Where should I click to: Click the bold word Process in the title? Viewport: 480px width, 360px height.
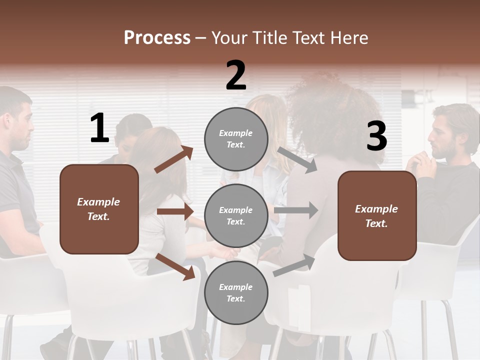coord(157,37)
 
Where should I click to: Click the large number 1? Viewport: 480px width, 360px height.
coord(99,128)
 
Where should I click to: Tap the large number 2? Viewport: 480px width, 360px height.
coord(236,75)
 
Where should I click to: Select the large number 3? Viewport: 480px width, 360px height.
coord(376,136)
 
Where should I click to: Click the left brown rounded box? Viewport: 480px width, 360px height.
coord(99,209)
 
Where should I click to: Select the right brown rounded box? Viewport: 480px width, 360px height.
coord(377,215)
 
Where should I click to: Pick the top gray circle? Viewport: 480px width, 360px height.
coord(236,139)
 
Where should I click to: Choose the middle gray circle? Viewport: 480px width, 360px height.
coord(236,215)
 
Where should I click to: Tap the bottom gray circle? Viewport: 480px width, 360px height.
coord(236,292)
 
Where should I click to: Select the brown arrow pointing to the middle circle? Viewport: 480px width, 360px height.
coord(175,211)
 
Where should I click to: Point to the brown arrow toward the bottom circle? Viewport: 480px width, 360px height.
coord(175,266)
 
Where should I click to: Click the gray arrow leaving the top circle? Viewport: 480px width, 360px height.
coord(297,159)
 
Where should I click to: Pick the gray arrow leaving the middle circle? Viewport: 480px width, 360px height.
coord(295,210)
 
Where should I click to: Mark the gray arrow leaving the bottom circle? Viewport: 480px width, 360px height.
coord(294,265)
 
